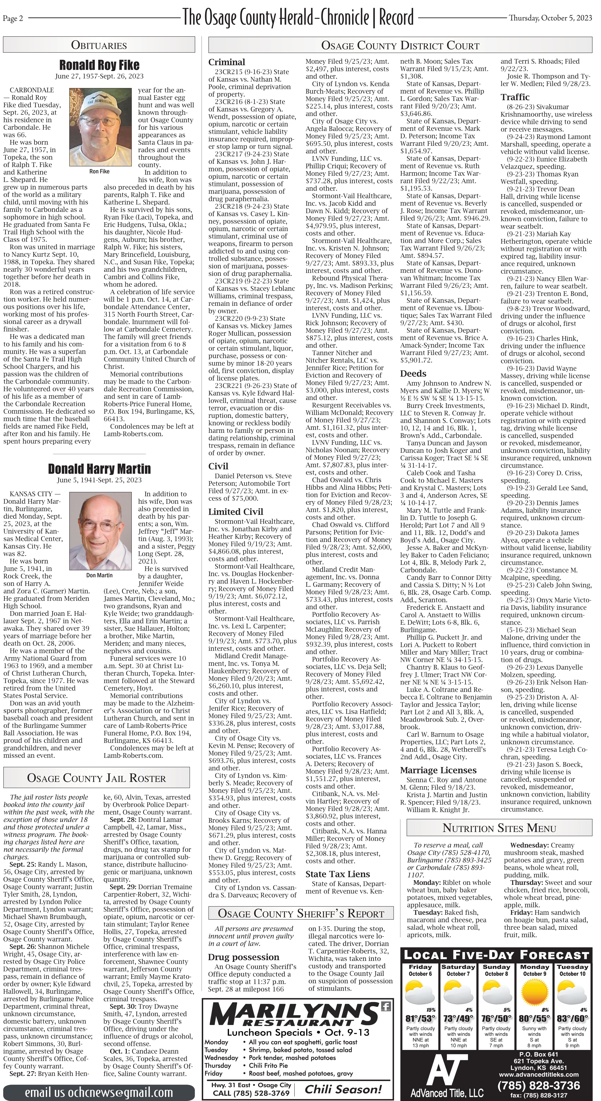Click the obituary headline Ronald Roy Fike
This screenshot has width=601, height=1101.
(x=99, y=65)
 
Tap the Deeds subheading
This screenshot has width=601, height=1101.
(x=413, y=373)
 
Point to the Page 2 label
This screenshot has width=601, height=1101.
(x=13, y=18)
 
